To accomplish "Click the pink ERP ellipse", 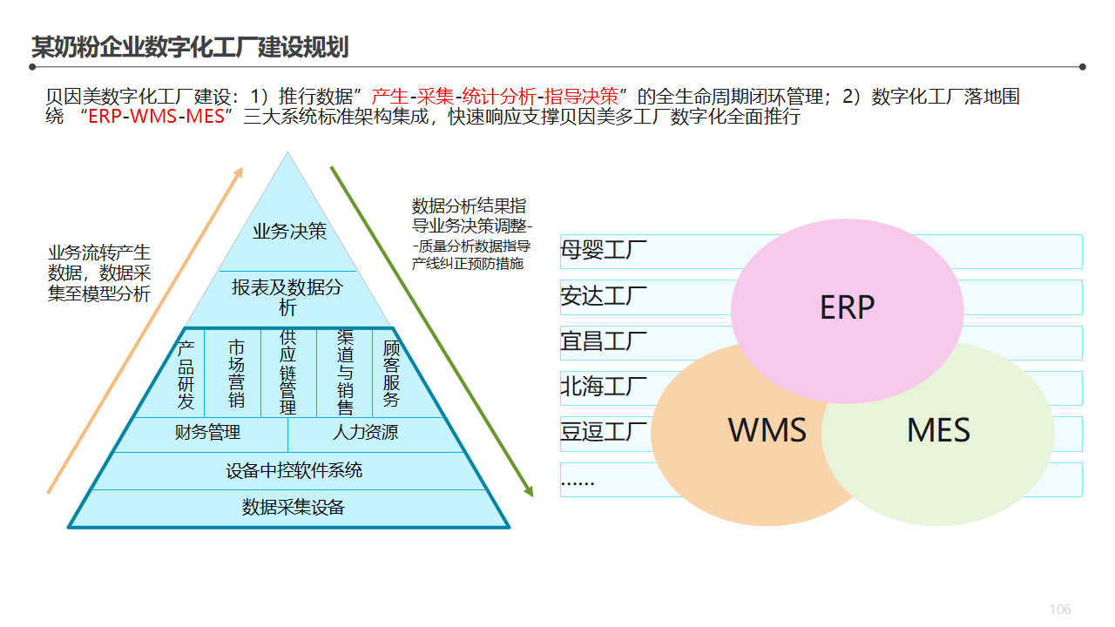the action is (847, 308).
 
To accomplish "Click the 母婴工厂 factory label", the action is (604, 251).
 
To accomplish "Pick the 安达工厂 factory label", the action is (604, 296).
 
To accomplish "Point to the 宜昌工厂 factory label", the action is (604, 341).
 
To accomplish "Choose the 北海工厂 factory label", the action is (604, 387).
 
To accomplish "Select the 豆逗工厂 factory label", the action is (604, 432).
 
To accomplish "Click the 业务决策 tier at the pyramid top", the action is (289, 232).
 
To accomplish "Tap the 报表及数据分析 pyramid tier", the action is (287, 297).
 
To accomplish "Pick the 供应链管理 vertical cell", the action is (287, 373).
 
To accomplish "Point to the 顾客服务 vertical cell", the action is (391, 373).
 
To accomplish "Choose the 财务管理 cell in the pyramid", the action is (207, 432).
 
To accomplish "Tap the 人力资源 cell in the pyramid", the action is (366, 432).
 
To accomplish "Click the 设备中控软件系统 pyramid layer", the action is (294, 471).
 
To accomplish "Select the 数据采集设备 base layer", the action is (294, 508).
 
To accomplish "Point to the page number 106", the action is (1060, 610).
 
